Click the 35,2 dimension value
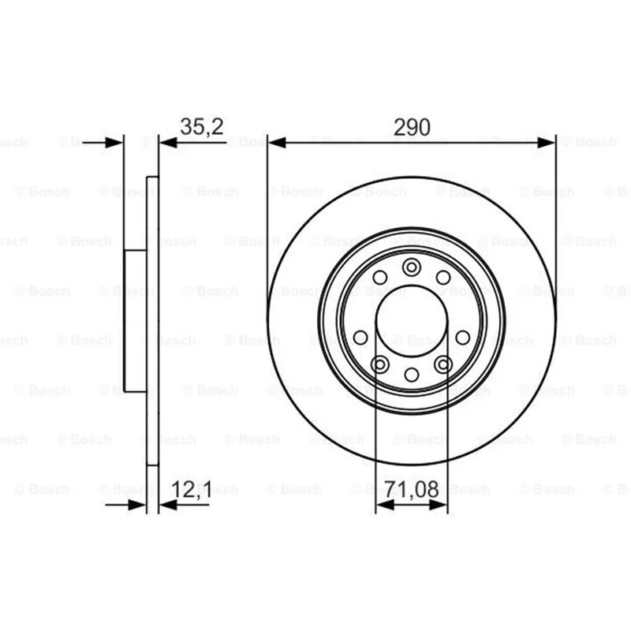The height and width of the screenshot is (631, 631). pos(202,127)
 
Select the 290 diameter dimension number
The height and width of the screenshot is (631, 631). pos(412,127)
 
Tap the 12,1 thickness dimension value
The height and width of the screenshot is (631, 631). pos(192,490)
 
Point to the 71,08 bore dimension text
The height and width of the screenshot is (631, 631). pos(412,490)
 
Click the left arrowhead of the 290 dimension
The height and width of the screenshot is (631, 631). pos(278,143)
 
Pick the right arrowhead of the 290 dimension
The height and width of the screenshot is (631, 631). pos(546,143)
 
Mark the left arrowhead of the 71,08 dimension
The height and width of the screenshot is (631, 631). pos(385,505)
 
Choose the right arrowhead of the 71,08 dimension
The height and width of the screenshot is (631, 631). pos(439,505)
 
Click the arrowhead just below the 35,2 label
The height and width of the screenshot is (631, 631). pos(169,143)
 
